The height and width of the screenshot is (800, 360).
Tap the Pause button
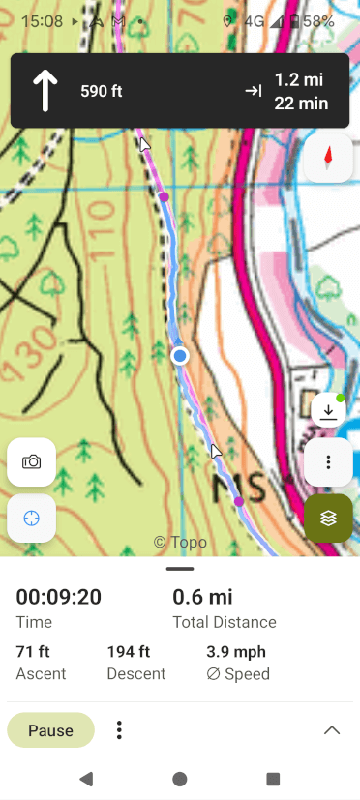(x=50, y=730)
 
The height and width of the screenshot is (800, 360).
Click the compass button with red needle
(x=328, y=156)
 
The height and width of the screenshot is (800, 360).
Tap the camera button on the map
(x=31, y=461)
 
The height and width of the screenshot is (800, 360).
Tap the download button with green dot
(x=328, y=411)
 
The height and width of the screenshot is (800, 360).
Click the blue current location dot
(x=179, y=357)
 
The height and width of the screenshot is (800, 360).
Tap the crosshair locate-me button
(x=31, y=518)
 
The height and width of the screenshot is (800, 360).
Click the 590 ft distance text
(x=102, y=92)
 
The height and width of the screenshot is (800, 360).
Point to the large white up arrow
(x=45, y=91)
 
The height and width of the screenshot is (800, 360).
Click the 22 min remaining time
(x=301, y=104)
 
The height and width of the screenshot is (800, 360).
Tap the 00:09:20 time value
(x=59, y=597)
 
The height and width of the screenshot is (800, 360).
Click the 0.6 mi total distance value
(x=202, y=597)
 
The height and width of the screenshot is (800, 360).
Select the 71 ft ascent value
(x=34, y=652)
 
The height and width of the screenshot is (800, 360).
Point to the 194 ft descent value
(x=129, y=652)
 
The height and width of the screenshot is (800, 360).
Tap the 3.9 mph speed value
(x=236, y=652)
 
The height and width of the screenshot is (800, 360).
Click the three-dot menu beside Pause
(x=119, y=730)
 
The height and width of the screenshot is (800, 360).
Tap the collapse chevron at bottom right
(x=332, y=730)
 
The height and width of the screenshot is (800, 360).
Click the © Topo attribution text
(x=181, y=542)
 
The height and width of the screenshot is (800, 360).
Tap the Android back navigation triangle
(x=86, y=779)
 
